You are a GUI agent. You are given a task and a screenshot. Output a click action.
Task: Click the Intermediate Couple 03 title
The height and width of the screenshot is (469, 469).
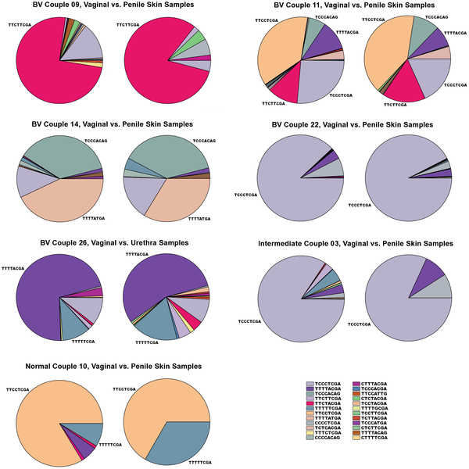[355, 244]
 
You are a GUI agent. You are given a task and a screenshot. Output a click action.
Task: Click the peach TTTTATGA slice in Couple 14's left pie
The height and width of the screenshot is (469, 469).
[59, 207]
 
